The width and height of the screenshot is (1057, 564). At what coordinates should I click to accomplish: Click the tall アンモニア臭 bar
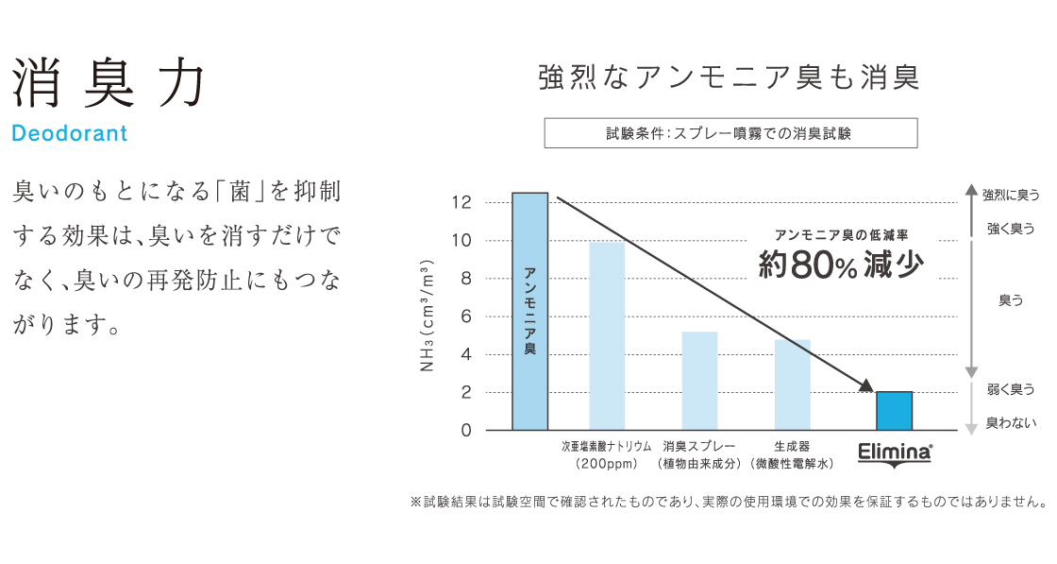click(x=529, y=311)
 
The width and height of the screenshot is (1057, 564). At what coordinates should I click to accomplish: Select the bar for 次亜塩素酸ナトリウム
click(x=607, y=335)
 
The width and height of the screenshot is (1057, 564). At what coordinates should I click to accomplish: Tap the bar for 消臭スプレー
click(x=699, y=381)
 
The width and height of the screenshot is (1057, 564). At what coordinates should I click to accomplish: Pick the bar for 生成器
click(x=792, y=385)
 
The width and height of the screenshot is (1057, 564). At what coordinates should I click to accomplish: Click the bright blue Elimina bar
click(x=894, y=411)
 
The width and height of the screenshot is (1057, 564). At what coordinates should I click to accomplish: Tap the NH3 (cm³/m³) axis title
click(x=428, y=313)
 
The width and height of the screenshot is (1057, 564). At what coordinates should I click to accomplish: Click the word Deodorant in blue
click(x=70, y=134)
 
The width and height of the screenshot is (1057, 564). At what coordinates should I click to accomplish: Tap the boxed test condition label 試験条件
click(x=730, y=133)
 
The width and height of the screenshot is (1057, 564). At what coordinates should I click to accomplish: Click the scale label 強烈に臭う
click(x=1011, y=195)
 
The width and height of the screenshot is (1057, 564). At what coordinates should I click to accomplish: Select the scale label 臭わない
click(x=1011, y=423)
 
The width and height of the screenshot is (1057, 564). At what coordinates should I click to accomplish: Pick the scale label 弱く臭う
click(x=1011, y=389)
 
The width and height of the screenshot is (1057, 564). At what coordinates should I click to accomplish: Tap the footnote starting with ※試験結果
click(x=728, y=502)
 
